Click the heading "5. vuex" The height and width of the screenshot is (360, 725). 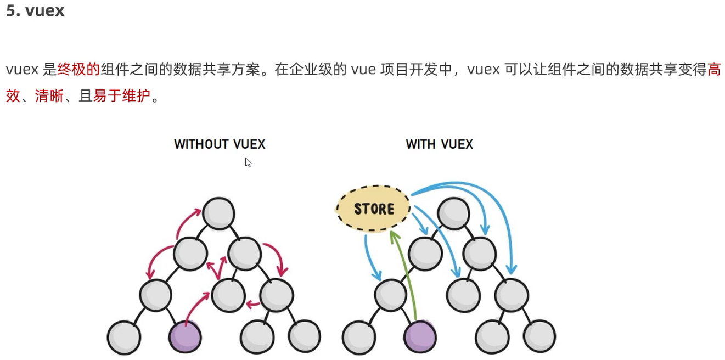35,10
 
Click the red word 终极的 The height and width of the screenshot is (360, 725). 78,70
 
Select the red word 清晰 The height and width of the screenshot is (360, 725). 49,97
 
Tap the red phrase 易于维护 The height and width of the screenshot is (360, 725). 121,97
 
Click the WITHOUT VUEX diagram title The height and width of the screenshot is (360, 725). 220,144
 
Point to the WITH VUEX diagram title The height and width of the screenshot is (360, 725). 439,144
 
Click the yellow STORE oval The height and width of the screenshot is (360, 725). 374,209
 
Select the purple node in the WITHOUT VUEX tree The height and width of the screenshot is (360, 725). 185,336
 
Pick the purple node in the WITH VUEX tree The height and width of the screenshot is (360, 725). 420,336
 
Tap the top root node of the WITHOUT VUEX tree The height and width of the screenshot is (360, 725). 218,213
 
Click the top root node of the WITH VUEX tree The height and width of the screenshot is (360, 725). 454,213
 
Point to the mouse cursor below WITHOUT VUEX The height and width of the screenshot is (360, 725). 248,162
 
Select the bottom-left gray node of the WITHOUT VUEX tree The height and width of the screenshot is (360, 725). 124,336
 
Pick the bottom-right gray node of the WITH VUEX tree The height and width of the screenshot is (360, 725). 539,336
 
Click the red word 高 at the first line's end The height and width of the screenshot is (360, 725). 714,70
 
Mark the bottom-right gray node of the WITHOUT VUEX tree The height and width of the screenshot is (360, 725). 304,336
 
